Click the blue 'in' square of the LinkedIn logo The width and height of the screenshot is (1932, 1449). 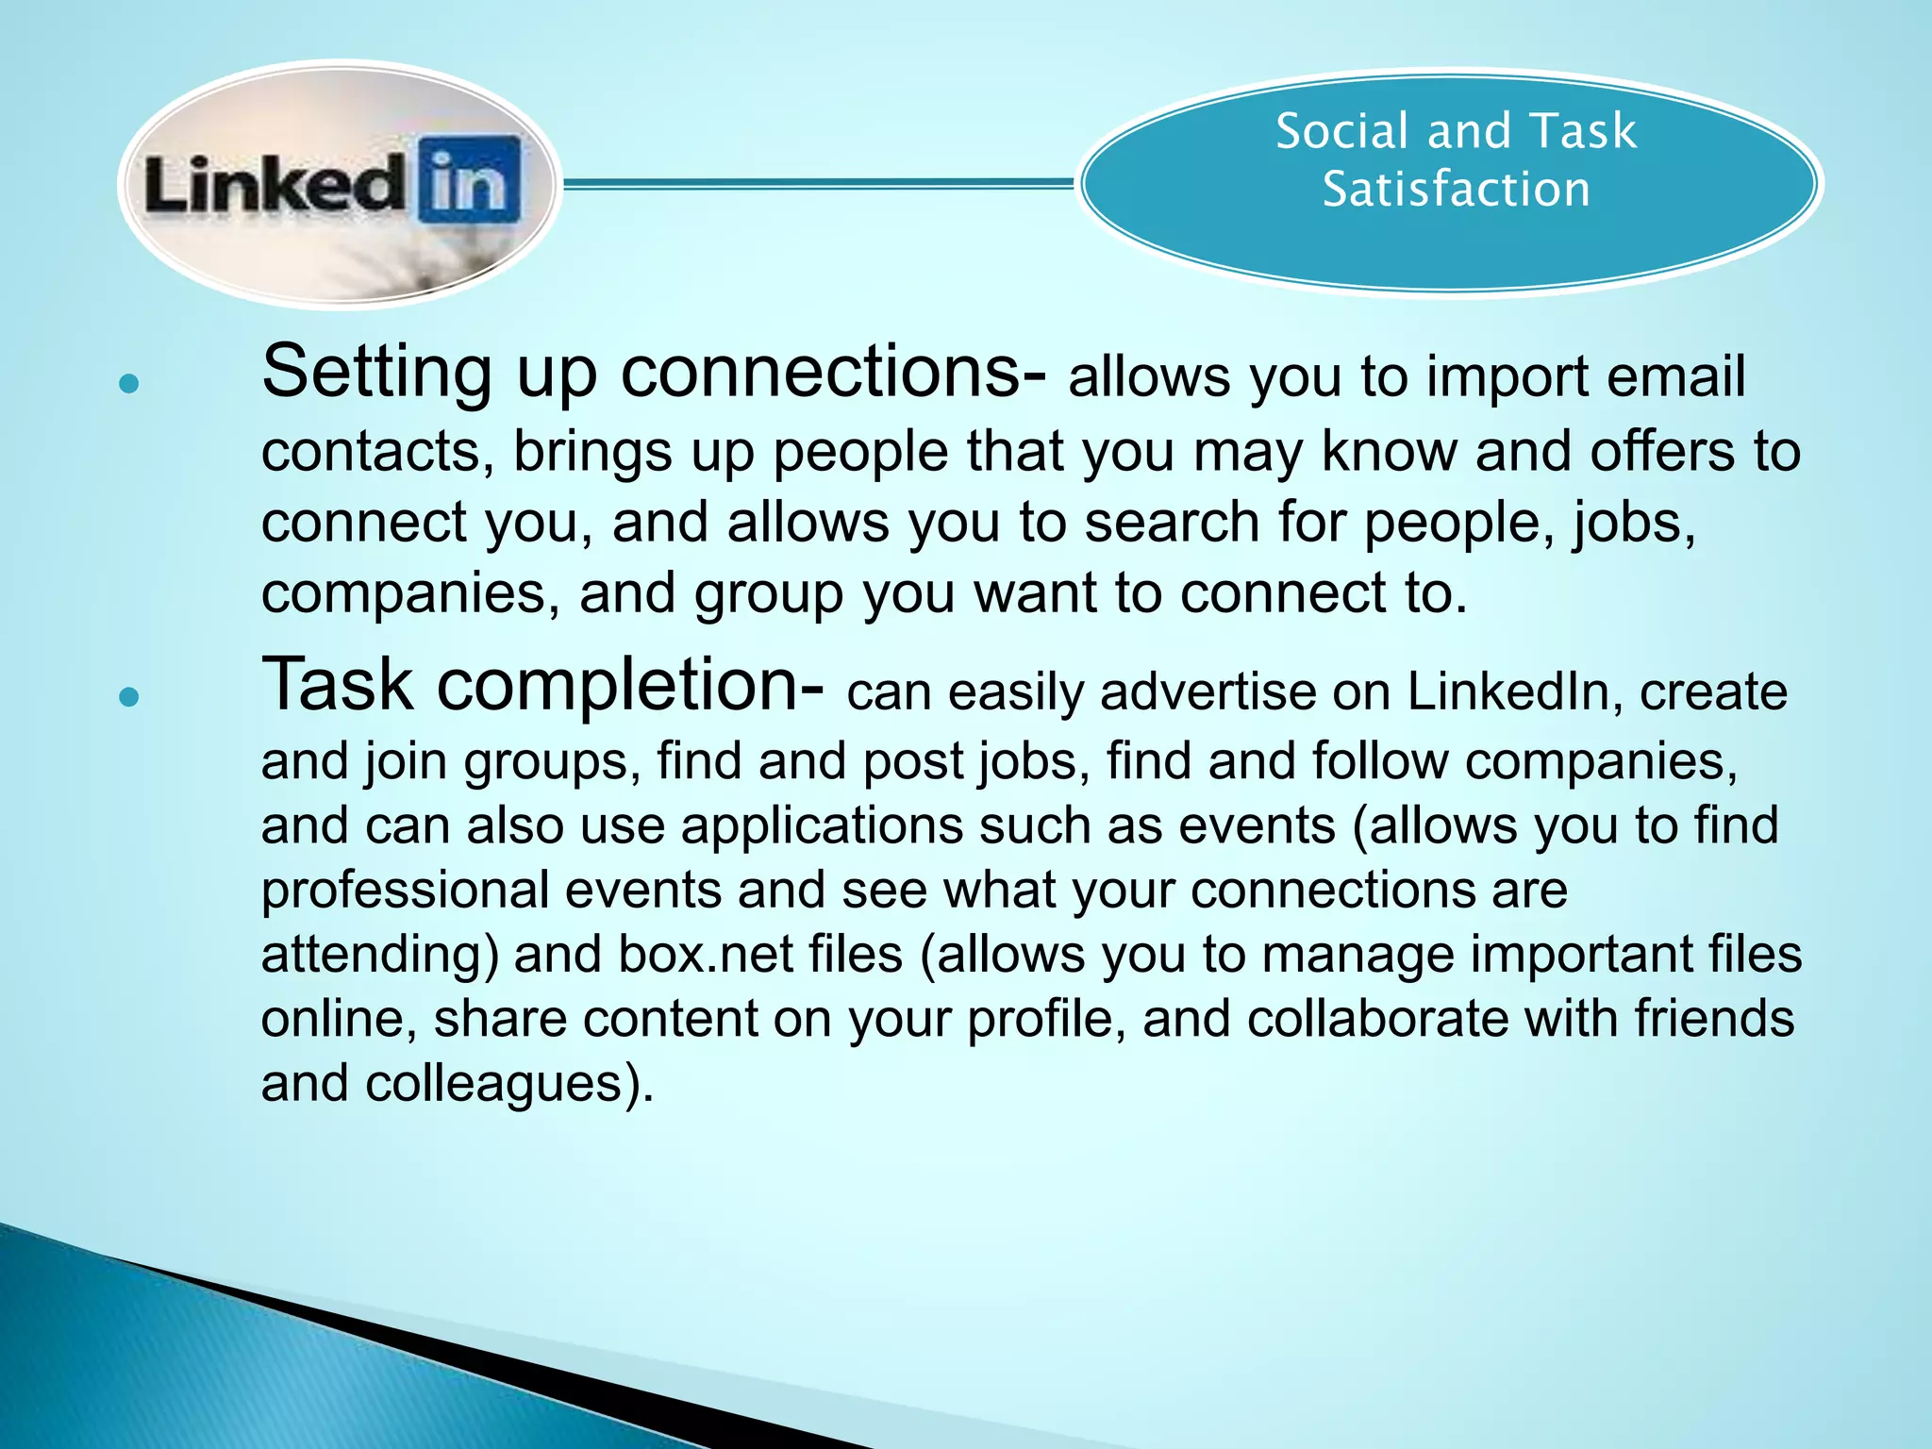tap(470, 179)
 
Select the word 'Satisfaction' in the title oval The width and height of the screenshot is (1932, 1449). tap(1456, 189)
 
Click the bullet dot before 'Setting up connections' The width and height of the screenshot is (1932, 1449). tap(130, 383)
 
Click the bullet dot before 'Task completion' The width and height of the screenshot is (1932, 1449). tap(130, 697)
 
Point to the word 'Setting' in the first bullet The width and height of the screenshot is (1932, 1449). tap(375, 372)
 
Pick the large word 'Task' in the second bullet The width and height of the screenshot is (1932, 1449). tap(337, 684)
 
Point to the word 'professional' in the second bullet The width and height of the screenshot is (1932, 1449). tap(406, 890)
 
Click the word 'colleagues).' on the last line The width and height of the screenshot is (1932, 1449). tap(509, 1083)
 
